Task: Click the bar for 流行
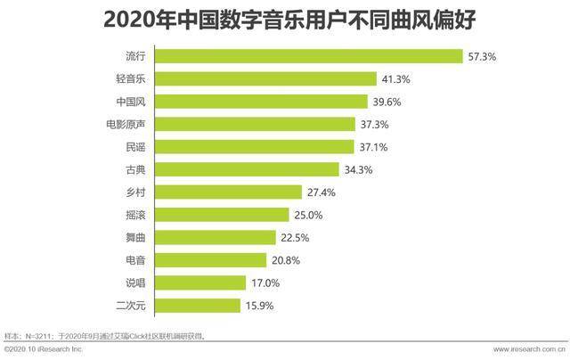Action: tap(309, 56)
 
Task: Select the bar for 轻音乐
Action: tap(265, 79)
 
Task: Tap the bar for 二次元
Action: tap(198, 306)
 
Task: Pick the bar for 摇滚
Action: tap(222, 215)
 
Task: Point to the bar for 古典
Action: tap(247, 169)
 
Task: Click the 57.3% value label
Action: tap(482, 57)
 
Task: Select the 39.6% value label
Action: tap(387, 102)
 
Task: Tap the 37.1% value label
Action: tap(373, 147)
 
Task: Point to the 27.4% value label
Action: tap(322, 192)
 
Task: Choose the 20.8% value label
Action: tap(286, 260)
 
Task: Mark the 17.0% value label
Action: tap(265, 282)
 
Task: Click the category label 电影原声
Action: tap(126, 125)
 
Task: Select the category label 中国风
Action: tap(131, 102)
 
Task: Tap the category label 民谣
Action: tap(135, 147)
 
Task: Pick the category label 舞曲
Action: tap(135, 237)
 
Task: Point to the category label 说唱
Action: tap(135, 282)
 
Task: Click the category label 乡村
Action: tap(135, 192)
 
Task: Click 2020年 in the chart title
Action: tap(140, 20)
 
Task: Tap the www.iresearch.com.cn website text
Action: tap(529, 349)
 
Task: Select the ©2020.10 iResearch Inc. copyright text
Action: tap(44, 349)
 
